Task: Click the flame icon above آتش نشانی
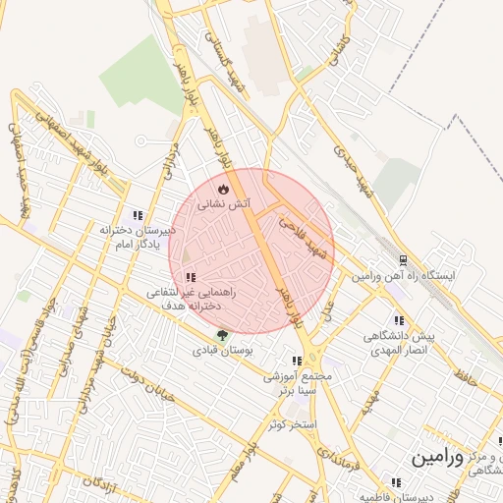[223, 188]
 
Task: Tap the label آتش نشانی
[224, 204]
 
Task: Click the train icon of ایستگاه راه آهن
[403, 260]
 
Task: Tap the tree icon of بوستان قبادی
[221, 335]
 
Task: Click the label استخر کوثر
[292, 424]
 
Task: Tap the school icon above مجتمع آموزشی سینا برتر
[297, 361]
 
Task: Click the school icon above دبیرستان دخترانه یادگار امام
[138, 215]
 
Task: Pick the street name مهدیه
[367, 401]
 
